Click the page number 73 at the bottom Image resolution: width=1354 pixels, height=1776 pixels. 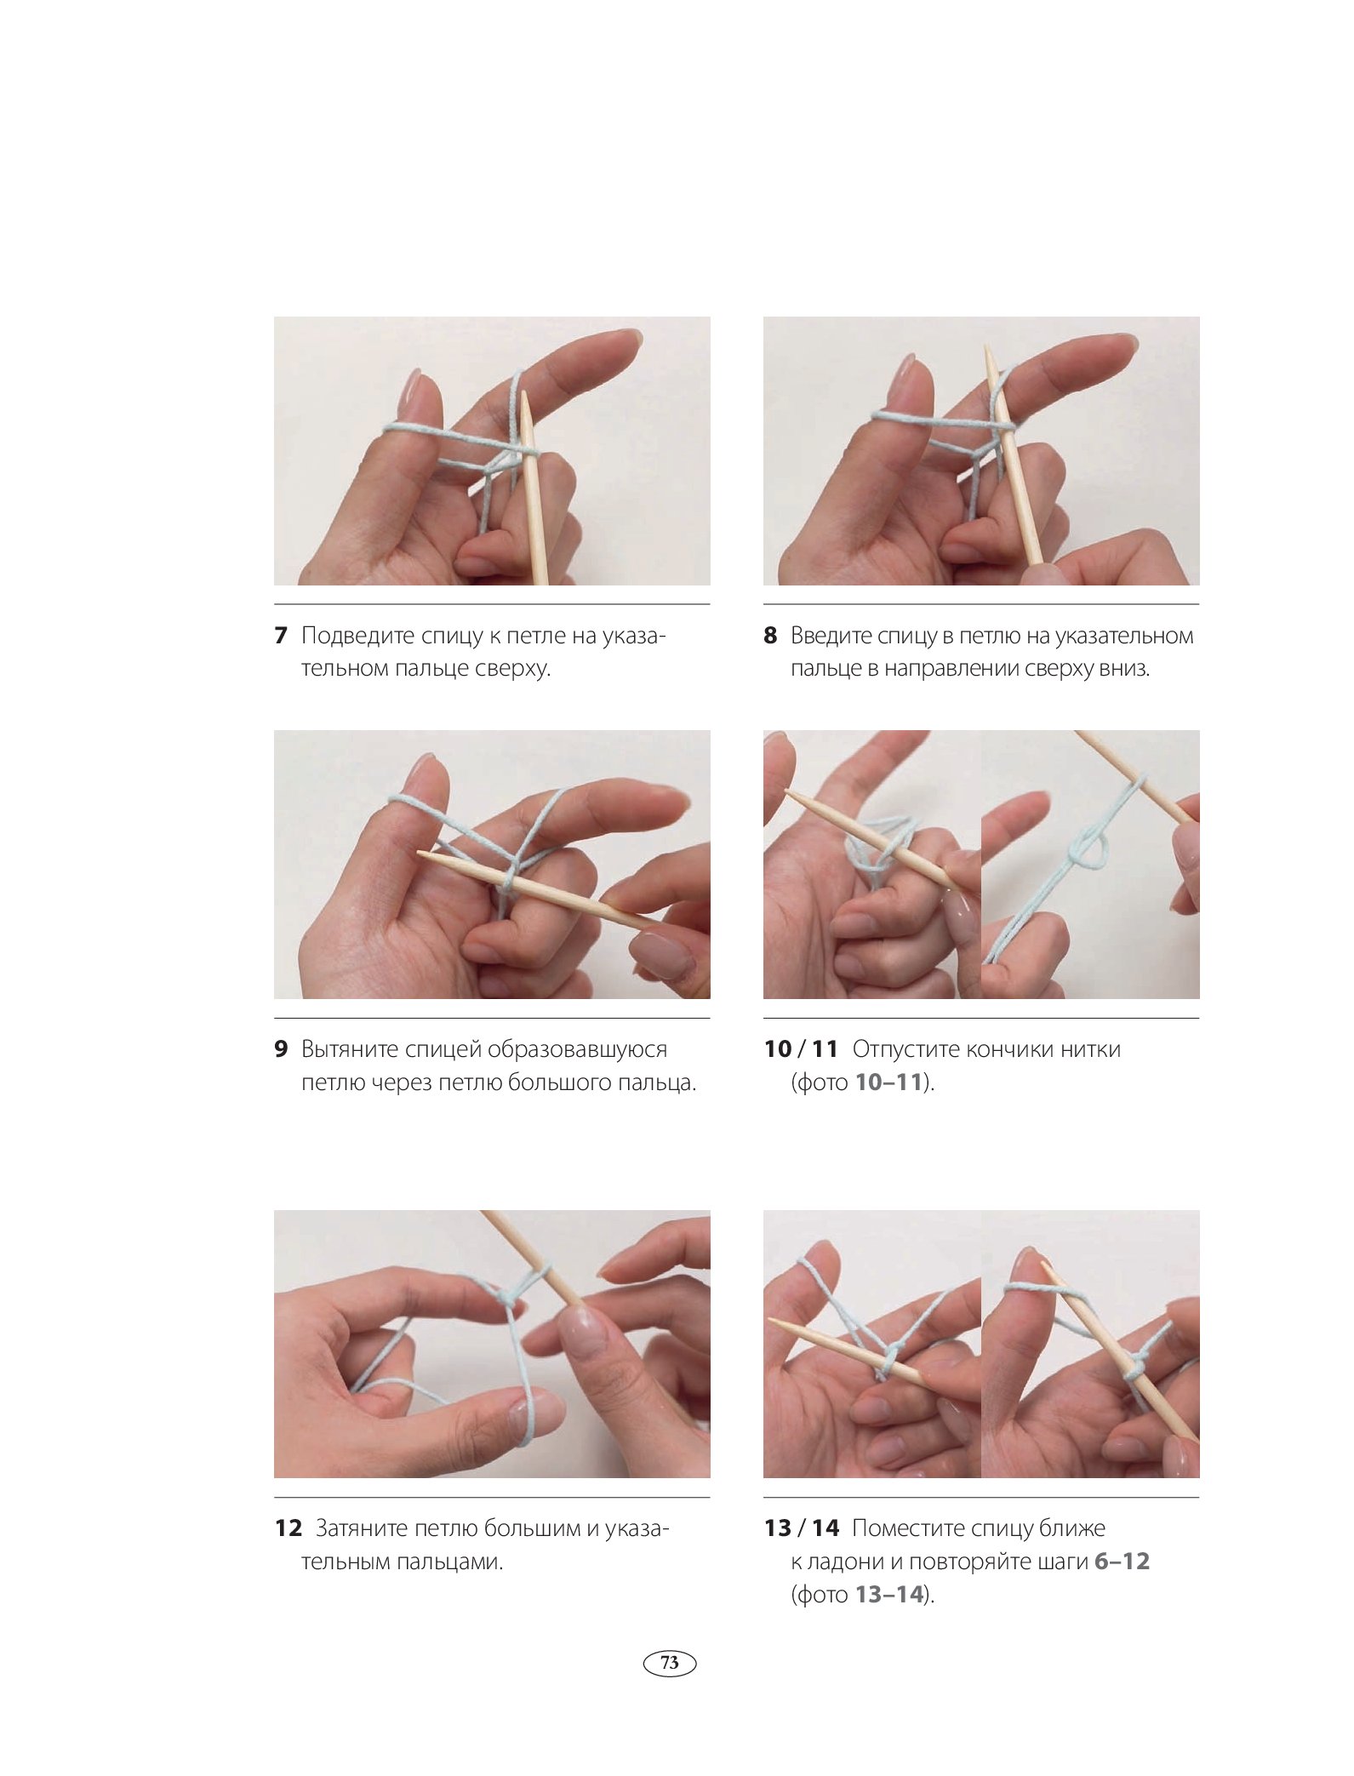click(670, 1662)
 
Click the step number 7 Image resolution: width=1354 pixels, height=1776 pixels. click(281, 636)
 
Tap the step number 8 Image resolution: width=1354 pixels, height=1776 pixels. click(770, 636)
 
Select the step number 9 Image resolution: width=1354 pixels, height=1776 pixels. click(281, 1049)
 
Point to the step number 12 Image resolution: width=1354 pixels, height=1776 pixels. click(289, 1528)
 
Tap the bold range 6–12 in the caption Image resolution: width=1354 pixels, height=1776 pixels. click(1122, 1562)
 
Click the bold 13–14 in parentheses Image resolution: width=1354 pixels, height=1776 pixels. click(889, 1594)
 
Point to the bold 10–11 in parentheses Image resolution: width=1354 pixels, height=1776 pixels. click(889, 1082)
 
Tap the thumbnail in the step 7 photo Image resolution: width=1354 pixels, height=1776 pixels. click(411, 393)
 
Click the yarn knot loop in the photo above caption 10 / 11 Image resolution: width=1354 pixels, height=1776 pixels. click(1087, 848)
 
